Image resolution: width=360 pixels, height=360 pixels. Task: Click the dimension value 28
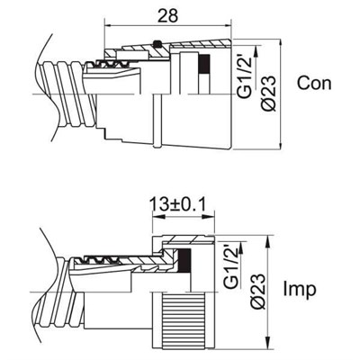[x=167, y=15]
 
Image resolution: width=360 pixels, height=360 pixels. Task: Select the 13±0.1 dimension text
[x=178, y=205]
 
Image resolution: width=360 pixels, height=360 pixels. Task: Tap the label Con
[x=314, y=83]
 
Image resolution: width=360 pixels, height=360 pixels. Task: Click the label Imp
[x=300, y=289]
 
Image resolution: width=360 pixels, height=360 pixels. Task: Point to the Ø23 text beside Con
[x=268, y=94]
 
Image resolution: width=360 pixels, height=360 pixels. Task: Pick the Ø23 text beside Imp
[x=257, y=292]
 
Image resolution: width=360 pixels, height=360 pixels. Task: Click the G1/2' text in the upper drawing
[x=245, y=76]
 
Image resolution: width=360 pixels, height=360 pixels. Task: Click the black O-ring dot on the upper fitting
[x=156, y=44]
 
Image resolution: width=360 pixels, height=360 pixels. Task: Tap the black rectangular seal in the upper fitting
[x=204, y=64]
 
